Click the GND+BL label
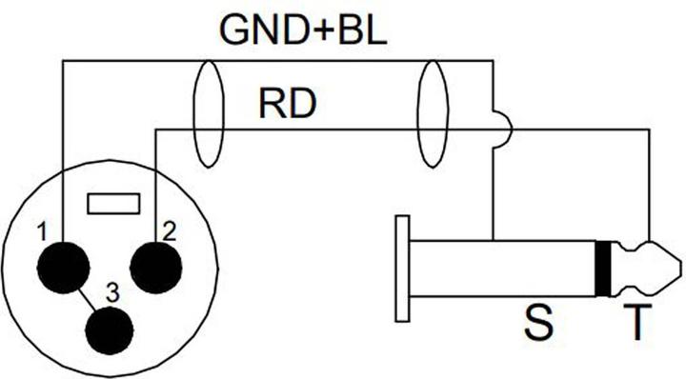[x=303, y=30]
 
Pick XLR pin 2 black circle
[x=155, y=265]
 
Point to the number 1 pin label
[x=41, y=230]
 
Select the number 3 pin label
[x=112, y=294]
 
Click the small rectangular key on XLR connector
[x=113, y=204]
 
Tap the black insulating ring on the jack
[x=602, y=268]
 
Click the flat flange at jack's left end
[x=403, y=268]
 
